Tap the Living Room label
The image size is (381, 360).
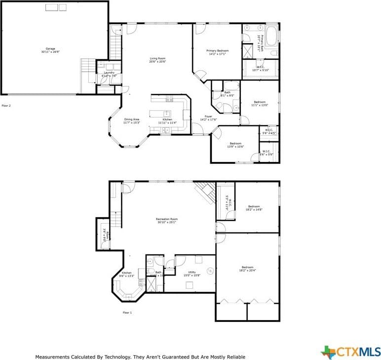coord(158,58)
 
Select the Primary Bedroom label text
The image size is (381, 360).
coord(217,51)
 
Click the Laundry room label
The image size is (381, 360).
coord(109,73)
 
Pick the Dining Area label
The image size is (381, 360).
coord(132,119)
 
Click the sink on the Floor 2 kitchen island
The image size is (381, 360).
coord(167,113)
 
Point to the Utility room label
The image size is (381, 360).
coord(192,272)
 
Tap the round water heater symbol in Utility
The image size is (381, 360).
coord(210,271)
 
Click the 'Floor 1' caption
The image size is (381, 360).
coord(128,313)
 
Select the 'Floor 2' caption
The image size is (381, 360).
coord(6,106)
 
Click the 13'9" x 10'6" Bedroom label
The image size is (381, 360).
coord(235,145)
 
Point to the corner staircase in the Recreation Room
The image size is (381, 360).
coord(205,192)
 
